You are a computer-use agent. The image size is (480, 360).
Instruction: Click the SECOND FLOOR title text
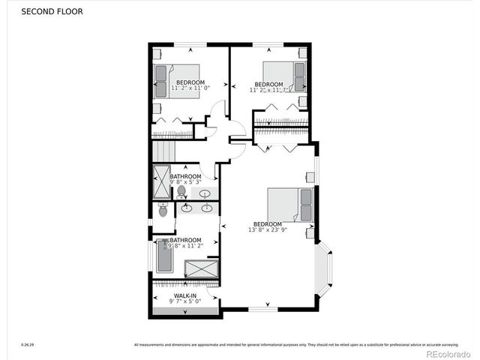click(52, 12)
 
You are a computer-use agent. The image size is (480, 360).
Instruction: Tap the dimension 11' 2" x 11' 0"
click(190, 88)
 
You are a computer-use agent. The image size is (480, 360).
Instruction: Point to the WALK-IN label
click(185, 296)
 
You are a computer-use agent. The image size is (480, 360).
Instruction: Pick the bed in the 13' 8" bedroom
click(289, 205)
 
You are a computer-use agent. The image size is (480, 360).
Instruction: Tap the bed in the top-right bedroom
click(286, 76)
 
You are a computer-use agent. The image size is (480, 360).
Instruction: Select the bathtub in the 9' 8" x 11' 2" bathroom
click(164, 256)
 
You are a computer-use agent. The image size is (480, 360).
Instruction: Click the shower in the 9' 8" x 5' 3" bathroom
click(162, 181)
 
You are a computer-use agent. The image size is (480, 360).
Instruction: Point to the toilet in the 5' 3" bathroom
click(181, 193)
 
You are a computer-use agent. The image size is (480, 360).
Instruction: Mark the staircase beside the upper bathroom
click(163, 151)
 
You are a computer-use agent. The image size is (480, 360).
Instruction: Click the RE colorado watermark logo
click(448, 346)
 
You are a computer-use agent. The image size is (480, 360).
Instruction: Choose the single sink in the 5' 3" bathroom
click(205, 193)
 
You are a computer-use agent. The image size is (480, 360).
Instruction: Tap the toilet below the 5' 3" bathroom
click(163, 210)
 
